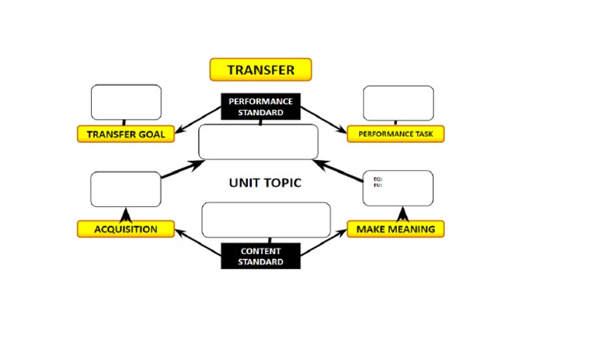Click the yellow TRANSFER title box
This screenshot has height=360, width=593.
click(x=260, y=70)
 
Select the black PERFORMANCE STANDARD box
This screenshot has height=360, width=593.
click(x=260, y=107)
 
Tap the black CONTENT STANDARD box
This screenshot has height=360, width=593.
click(x=260, y=256)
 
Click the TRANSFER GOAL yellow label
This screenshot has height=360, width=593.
click(x=125, y=134)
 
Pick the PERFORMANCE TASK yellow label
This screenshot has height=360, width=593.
click(x=395, y=134)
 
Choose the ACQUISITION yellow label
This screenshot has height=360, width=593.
click(x=125, y=229)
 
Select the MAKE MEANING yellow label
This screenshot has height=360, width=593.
click(x=395, y=229)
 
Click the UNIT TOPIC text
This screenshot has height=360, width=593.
click(x=265, y=183)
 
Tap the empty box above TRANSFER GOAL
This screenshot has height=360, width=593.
click(x=126, y=102)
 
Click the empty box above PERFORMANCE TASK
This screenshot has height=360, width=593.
click(x=398, y=103)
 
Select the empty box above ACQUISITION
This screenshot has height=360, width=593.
click(x=125, y=189)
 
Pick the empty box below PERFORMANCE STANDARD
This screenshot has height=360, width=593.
click(x=258, y=141)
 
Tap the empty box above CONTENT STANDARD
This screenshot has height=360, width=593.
click(x=266, y=219)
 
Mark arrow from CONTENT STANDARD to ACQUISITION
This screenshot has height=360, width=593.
click(x=198, y=241)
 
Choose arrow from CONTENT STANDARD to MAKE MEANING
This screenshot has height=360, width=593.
click(x=324, y=241)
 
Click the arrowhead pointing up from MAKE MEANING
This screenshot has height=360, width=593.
click(x=402, y=214)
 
